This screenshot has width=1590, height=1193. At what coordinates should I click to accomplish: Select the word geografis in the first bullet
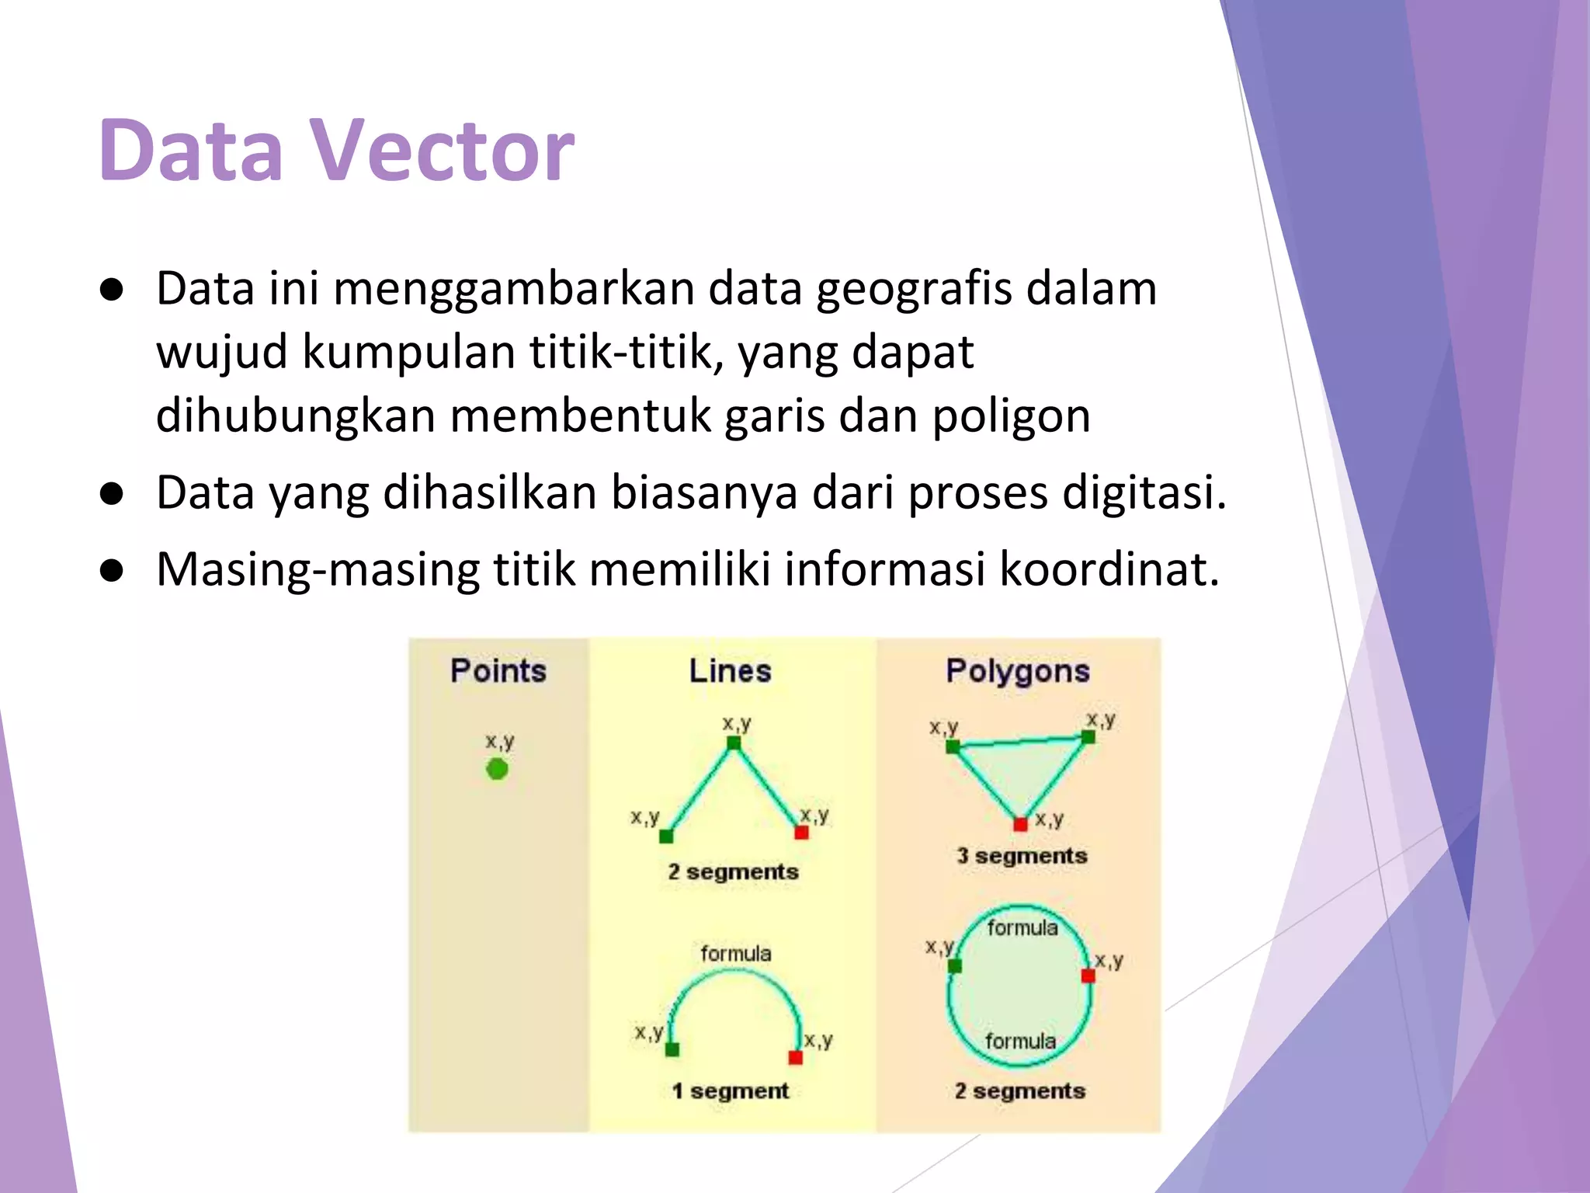[x=913, y=289]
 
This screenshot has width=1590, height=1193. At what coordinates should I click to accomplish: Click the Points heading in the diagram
[x=498, y=670]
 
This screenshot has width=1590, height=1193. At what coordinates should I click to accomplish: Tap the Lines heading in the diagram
[x=730, y=670]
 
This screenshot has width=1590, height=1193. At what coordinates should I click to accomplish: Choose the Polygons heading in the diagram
[x=1018, y=670]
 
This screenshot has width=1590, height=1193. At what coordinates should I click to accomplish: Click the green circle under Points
[x=497, y=769]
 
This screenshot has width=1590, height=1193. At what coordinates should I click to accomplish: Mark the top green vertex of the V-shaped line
[x=734, y=743]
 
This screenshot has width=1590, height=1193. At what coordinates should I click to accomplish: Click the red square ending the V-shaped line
[x=802, y=833]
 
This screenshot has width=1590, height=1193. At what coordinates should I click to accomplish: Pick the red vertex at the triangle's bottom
[x=1020, y=824]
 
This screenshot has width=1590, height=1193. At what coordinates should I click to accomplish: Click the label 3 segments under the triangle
[x=1022, y=856]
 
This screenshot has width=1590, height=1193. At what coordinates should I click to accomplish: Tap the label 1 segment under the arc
[x=730, y=1090]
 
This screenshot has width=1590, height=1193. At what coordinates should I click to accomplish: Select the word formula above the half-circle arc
[x=735, y=953]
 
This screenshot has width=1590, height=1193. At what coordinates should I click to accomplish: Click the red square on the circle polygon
[x=1088, y=975]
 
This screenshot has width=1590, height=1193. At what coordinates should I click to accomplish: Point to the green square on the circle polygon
[x=955, y=965]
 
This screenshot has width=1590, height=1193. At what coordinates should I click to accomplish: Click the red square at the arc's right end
[x=795, y=1057]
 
